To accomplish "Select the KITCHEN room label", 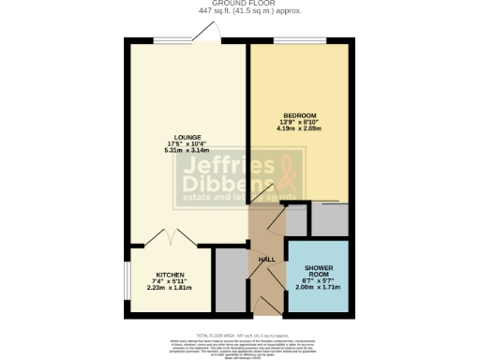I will [x=169, y=275].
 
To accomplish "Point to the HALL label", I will [x=265, y=260].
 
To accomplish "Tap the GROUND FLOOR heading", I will [x=237, y=4].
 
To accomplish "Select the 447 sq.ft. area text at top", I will [x=237, y=12].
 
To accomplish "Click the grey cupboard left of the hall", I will [x=228, y=278].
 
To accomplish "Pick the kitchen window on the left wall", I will [x=128, y=278].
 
